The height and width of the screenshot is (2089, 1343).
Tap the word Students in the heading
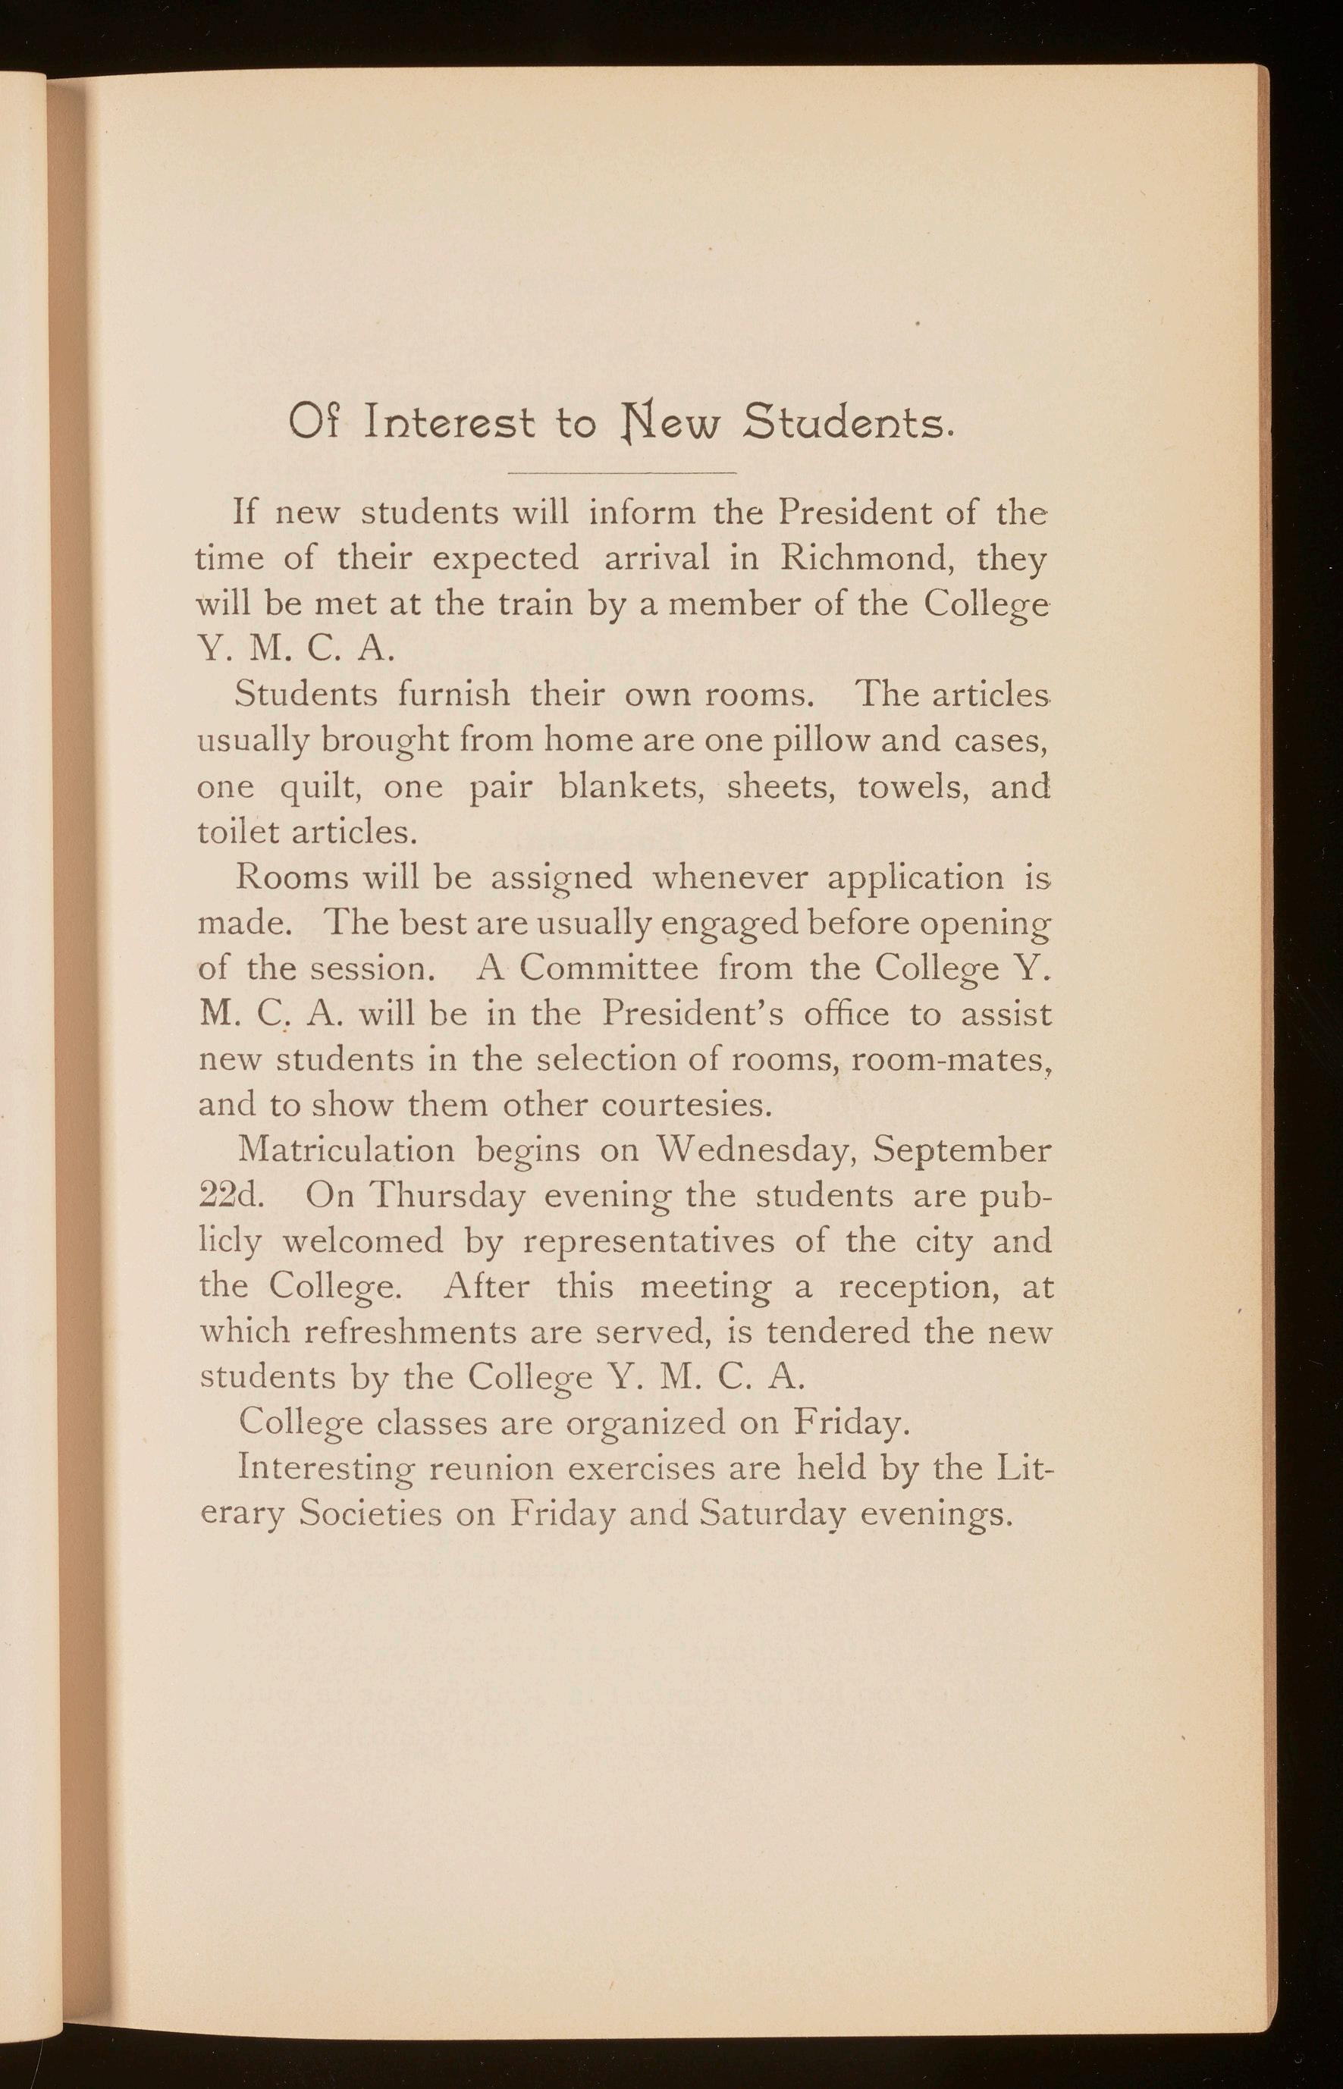pyautogui.click(x=845, y=424)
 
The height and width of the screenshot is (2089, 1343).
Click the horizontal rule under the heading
pyautogui.click(x=622, y=472)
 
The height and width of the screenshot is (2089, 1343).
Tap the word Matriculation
pyautogui.click(x=347, y=1150)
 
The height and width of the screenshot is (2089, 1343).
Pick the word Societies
pyautogui.click(x=370, y=1514)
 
